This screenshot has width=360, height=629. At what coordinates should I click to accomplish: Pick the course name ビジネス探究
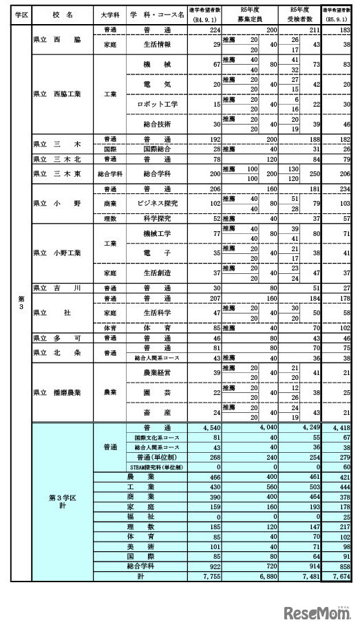click(x=158, y=204)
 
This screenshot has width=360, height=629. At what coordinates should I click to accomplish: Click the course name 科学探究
click(x=158, y=218)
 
